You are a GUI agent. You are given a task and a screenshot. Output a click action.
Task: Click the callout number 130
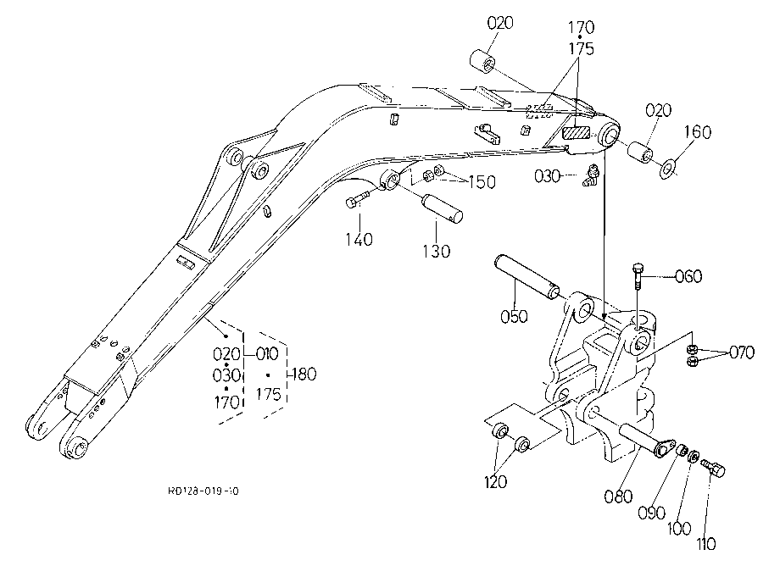pyautogui.click(x=437, y=252)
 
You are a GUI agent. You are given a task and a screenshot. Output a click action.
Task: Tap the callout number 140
pyautogui.click(x=359, y=240)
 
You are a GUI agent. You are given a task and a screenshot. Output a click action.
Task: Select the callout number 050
pyautogui.click(x=514, y=317)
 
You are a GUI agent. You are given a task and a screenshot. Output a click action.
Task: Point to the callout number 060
pyautogui.click(x=688, y=276)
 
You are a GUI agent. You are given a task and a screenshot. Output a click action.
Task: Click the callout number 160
pyautogui.click(x=698, y=131)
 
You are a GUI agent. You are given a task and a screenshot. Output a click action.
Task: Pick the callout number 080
pyautogui.click(x=618, y=496)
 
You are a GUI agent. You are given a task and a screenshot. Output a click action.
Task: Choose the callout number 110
pyautogui.click(x=706, y=544)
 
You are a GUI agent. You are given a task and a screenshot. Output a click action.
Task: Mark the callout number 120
pyautogui.click(x=495, y=481)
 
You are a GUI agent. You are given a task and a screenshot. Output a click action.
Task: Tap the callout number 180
pyautogui.click(x=304, y=374)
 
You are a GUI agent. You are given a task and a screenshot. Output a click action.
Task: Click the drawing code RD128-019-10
pyautogui.click(x=203, y=491)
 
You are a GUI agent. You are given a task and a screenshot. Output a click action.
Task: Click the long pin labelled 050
pyautogui.click(x=526, y=277)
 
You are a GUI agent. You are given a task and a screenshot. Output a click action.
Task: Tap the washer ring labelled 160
pyautogui.click(x=667, y=168)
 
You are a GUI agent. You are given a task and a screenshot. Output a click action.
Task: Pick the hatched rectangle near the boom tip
pyautogui.click(x=576, y=134)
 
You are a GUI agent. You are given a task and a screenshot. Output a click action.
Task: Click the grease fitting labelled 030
pyautogui.click(x=590, y=176)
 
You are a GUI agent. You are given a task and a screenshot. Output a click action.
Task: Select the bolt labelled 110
pyautogui.click(x=713, y=468)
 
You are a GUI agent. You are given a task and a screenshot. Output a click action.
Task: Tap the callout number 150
pyautogui.click(x=482, y=182)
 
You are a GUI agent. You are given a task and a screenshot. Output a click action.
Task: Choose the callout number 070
pyautogui.click(x=742, y=352)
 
